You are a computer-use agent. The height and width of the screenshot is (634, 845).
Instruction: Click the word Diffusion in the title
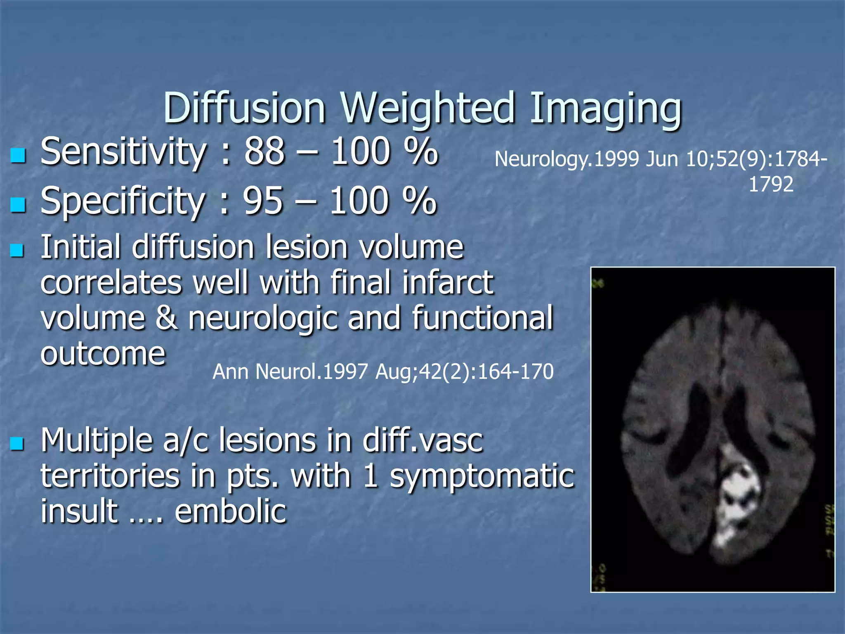(x=244, y=108)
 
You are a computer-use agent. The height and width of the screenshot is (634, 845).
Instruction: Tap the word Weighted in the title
(x=428, y=108)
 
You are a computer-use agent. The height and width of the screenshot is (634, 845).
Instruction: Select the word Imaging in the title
(x=605, y=108)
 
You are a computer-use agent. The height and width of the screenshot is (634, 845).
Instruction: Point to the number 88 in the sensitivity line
(x=264, y=152)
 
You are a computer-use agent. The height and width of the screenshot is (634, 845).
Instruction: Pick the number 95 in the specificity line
(x=263, y=201)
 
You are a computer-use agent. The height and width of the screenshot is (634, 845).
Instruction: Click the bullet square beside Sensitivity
(x=18, y=156)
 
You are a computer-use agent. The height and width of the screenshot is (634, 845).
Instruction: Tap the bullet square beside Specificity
(x=18, y=205)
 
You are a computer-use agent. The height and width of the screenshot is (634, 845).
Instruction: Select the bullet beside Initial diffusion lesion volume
(x=18, y=250)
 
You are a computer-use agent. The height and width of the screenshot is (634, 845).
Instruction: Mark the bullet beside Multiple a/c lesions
(x=18, y=444)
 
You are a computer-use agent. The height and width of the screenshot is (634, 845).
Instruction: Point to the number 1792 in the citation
(x=771, y=184)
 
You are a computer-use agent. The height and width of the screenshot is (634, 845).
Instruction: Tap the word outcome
(x=103, y=354)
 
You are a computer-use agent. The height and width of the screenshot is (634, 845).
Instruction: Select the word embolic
(x=230, y=511)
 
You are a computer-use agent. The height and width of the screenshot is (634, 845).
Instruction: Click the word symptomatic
(x=482, y=476)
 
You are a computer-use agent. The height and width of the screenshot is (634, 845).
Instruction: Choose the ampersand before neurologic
(x=167, y=318)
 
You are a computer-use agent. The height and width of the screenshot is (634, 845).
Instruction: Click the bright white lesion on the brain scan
(x=739, y=495)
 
